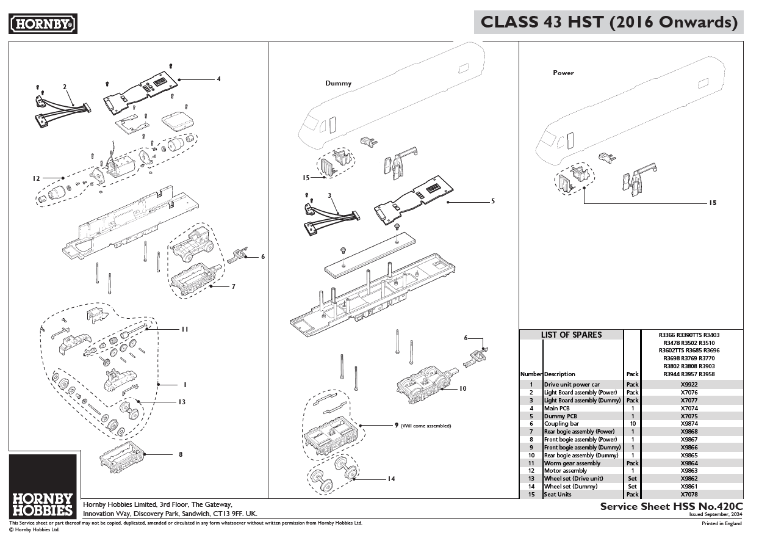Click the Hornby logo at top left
(x=43, y=24)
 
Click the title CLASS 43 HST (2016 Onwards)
(x=609, y=23)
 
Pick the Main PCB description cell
(x=556, y=408)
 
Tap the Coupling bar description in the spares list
(x=561, y=424)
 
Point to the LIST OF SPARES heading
(x=571, y=335)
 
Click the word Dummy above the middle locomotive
(x=338, y=83)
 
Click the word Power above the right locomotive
(x=563, y=73)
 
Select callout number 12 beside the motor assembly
(x=36, y=178)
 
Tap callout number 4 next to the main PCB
(x=218, y=79)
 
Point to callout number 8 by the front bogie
(x=181, y=454)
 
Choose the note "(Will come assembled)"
(x=425, y=426)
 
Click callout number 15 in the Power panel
(x=712, y=202)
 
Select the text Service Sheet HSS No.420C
(x=671, y=506)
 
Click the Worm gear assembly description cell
(x=572, y=463)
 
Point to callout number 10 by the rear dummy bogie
(x=462, y=388)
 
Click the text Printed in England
(x=721, y=524)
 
